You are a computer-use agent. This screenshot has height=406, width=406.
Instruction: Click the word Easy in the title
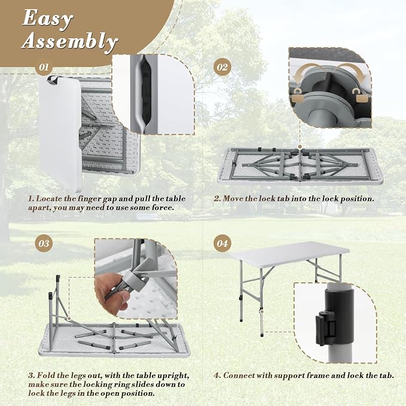pos(47,19)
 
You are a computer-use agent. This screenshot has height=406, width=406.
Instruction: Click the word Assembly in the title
pos(69,41)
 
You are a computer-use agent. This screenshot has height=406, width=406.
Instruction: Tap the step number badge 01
pos(44,68)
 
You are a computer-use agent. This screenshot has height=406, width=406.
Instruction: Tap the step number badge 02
pos(222,68)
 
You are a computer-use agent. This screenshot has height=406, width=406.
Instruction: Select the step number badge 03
pos(44,243)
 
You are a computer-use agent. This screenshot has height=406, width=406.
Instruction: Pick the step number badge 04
pos(222,243)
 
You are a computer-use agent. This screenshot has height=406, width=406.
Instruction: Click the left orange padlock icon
pos(298,96)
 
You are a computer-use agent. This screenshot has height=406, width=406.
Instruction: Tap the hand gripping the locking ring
pos(110,291)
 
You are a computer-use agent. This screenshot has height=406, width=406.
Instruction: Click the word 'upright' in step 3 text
pos(171,376)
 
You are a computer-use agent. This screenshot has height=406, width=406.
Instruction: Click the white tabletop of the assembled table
pos(289,251)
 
